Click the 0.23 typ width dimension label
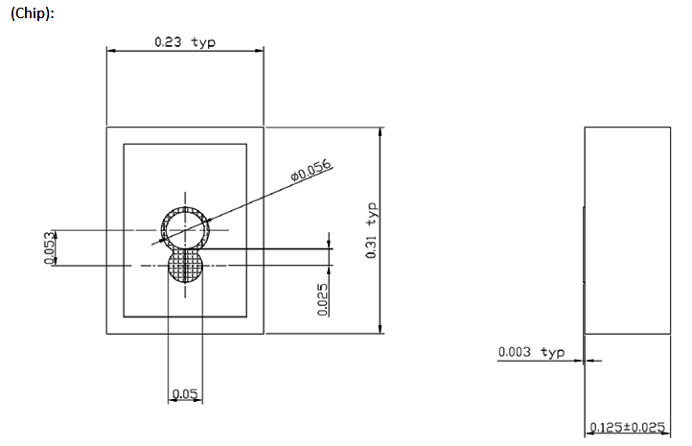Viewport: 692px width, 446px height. [185, 42]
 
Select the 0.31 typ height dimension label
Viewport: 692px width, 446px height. [372, 230]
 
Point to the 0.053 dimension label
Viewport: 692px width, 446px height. [48, 247]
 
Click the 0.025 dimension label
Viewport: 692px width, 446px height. [322, 298]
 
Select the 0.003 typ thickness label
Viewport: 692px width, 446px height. [531, 352]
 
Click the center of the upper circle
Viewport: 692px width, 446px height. [186, 229]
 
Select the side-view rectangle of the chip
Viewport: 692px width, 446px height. [628, 230]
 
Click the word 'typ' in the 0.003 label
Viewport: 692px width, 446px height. [553, 352]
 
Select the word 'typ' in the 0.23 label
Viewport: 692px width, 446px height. [204, 42]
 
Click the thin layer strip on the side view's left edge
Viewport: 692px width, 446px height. [584, 245]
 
